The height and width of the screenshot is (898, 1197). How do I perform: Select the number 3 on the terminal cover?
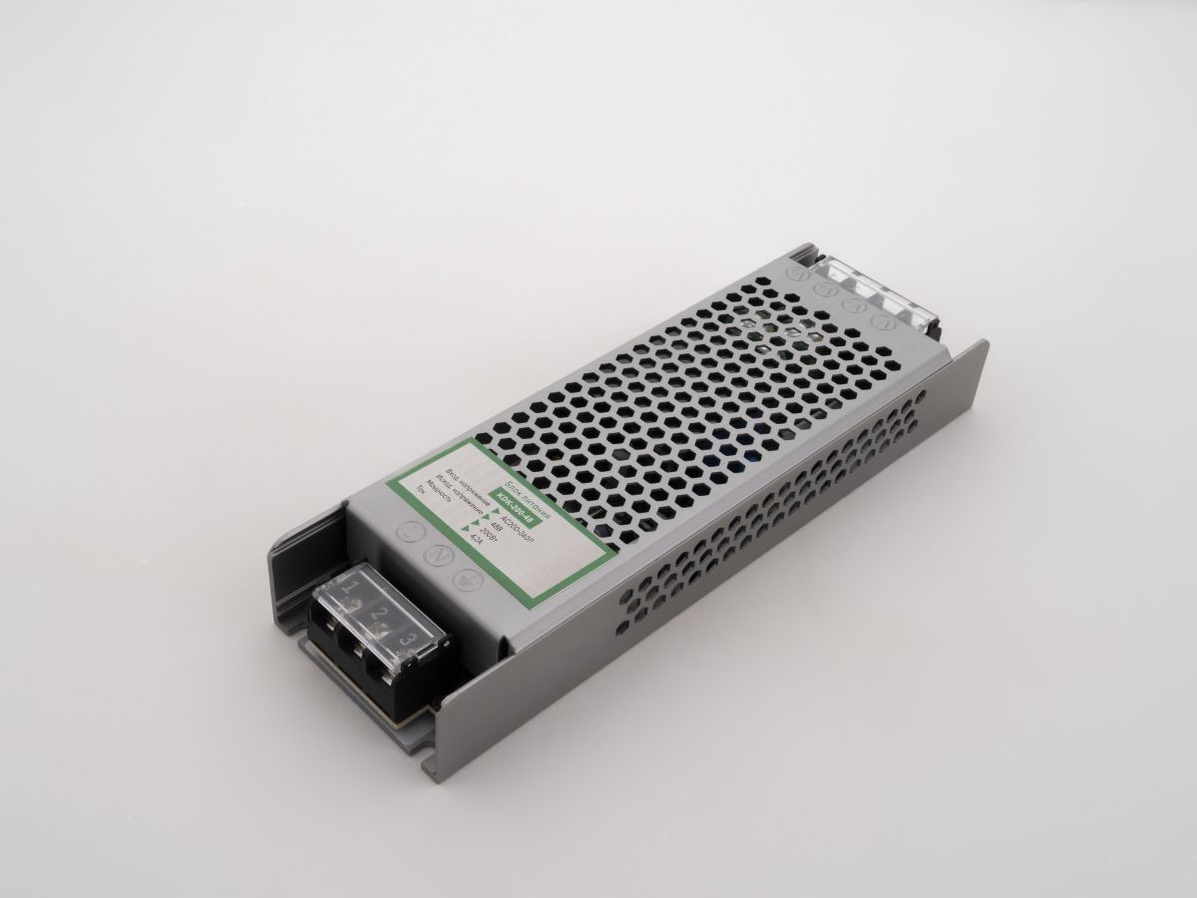coord(407,637)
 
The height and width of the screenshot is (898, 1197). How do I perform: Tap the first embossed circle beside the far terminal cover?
coord(798,271)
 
